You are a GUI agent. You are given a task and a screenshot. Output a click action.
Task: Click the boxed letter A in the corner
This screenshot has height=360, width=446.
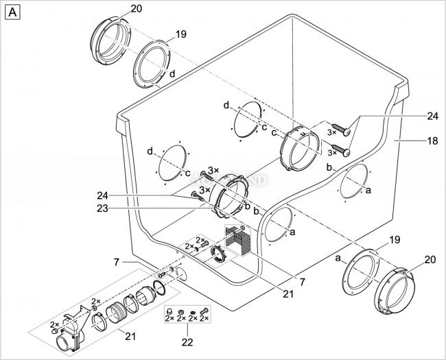coord(12,13)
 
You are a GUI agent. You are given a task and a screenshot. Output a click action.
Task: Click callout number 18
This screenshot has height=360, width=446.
coord(433,141)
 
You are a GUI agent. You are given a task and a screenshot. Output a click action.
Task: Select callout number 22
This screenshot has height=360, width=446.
coord(187,342)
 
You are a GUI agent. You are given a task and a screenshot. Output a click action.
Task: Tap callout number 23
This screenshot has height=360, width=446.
coord(102,208)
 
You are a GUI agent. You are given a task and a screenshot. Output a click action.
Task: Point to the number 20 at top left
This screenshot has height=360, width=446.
coord(137,9)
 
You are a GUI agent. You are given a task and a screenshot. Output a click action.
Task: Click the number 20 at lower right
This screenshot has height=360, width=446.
coord(430,259)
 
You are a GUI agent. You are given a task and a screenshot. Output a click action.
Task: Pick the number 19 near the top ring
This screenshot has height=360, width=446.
coord(181,34)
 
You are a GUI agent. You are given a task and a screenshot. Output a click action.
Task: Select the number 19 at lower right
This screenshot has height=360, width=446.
coord(395,240)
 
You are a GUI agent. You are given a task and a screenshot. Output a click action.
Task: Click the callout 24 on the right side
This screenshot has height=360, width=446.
coord(433,117)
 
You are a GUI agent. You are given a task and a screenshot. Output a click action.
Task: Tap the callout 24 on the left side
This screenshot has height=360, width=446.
coord(102,195)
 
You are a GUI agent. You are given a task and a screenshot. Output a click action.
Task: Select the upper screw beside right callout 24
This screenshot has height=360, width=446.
coord(340,129)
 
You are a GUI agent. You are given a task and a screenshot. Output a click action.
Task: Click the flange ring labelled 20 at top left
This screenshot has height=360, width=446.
coord(110,40)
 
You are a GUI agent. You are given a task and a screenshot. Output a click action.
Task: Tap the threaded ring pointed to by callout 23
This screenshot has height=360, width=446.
coord(230,197)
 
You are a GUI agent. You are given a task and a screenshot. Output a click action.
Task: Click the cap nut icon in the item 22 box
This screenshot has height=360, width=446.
coord(169,311)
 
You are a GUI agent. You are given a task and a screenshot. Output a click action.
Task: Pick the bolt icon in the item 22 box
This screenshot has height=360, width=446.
coord(204,311)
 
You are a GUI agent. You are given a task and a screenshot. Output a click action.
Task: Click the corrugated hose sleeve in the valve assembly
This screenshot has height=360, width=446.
coord(114,313)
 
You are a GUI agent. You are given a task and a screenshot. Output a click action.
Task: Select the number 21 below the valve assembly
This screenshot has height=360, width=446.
coord(130,337)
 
